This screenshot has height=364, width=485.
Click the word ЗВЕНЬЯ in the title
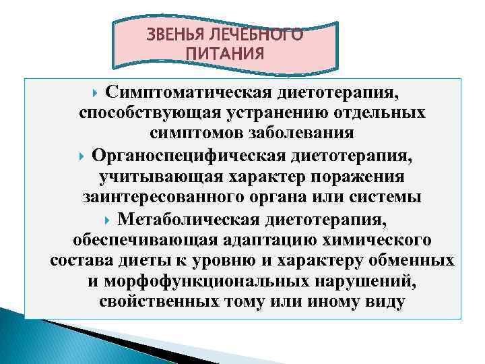point(178,35)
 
